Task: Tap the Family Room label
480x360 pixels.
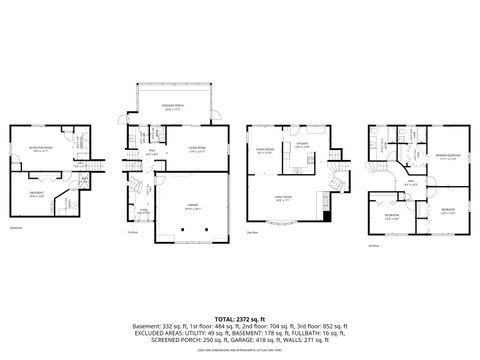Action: pyautogui.click(x=284, y=197)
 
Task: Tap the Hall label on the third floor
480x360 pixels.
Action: pyautogui.click(x=409, y=183)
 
